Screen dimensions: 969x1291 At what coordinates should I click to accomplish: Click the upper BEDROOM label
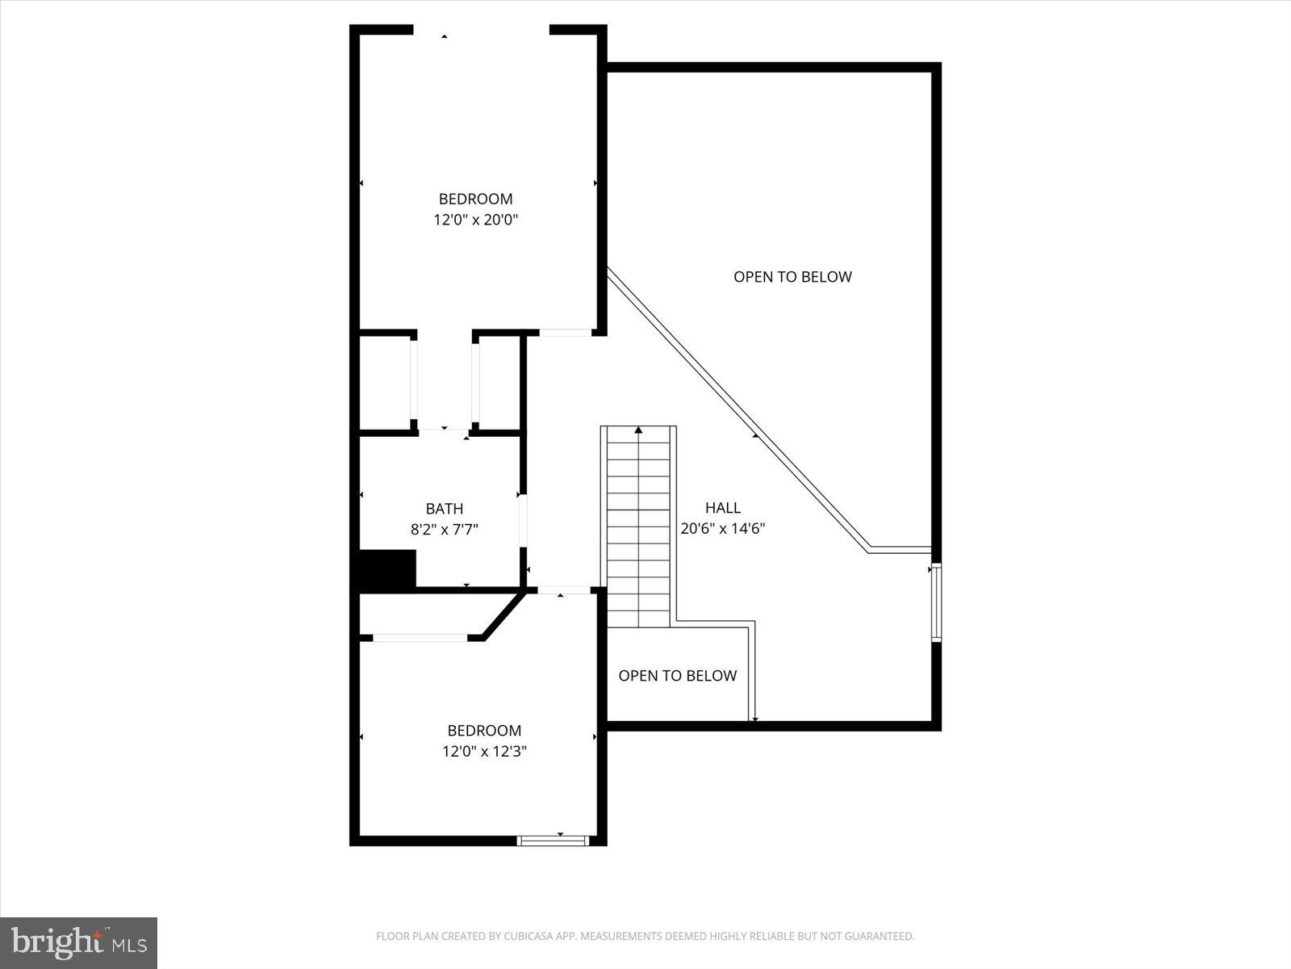pos(475,199)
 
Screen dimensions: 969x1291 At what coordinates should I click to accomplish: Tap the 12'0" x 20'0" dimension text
pos(475,220)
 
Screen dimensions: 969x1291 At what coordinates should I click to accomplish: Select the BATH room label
pos(445,509)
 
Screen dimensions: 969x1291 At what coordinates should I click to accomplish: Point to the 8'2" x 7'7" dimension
pos(445,530)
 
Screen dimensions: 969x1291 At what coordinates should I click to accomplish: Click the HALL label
pos(722,508)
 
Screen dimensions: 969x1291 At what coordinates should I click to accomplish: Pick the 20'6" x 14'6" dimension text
pos(722,529)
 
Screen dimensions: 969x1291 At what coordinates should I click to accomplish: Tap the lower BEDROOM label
pos(484,731)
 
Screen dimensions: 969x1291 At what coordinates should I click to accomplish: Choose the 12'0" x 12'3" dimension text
pos(484,752)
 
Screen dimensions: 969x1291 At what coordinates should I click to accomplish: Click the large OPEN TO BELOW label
pos(792,277)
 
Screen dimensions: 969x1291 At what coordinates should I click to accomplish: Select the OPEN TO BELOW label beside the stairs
pos(677,676)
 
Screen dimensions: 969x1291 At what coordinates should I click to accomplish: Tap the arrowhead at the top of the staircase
pos(638,430)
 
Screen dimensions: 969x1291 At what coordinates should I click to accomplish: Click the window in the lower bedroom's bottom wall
pos(553,841)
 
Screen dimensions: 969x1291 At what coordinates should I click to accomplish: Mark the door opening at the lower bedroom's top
pos(564,591)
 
